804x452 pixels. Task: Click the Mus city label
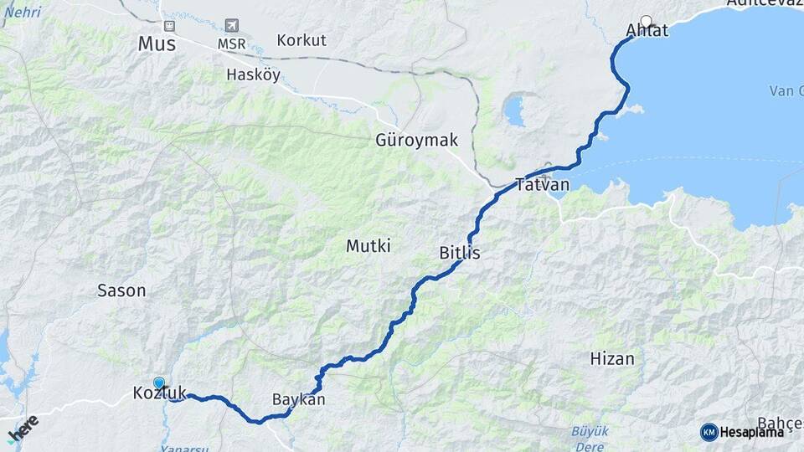click(157, 44)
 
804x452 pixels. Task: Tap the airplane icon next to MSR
click(231, 26)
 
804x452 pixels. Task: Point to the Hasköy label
click(253, 74)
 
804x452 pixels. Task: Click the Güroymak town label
click(416, 140)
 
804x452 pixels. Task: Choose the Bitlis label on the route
click(460, 252)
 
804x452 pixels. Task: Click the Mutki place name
click(368, 246)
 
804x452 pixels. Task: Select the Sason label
click(121, 290)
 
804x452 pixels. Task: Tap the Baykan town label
click(298, 399)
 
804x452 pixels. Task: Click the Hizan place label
click(612, 358)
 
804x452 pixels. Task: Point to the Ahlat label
click(647, 32)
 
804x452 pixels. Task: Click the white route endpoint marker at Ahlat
click(646, 21)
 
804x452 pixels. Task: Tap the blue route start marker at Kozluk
click(158, 383)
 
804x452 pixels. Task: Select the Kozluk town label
click(159, 393)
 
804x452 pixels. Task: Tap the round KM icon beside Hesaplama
click(709, 432)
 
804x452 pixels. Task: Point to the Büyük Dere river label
click(589, 436)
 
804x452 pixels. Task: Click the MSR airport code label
click(231, 44)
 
